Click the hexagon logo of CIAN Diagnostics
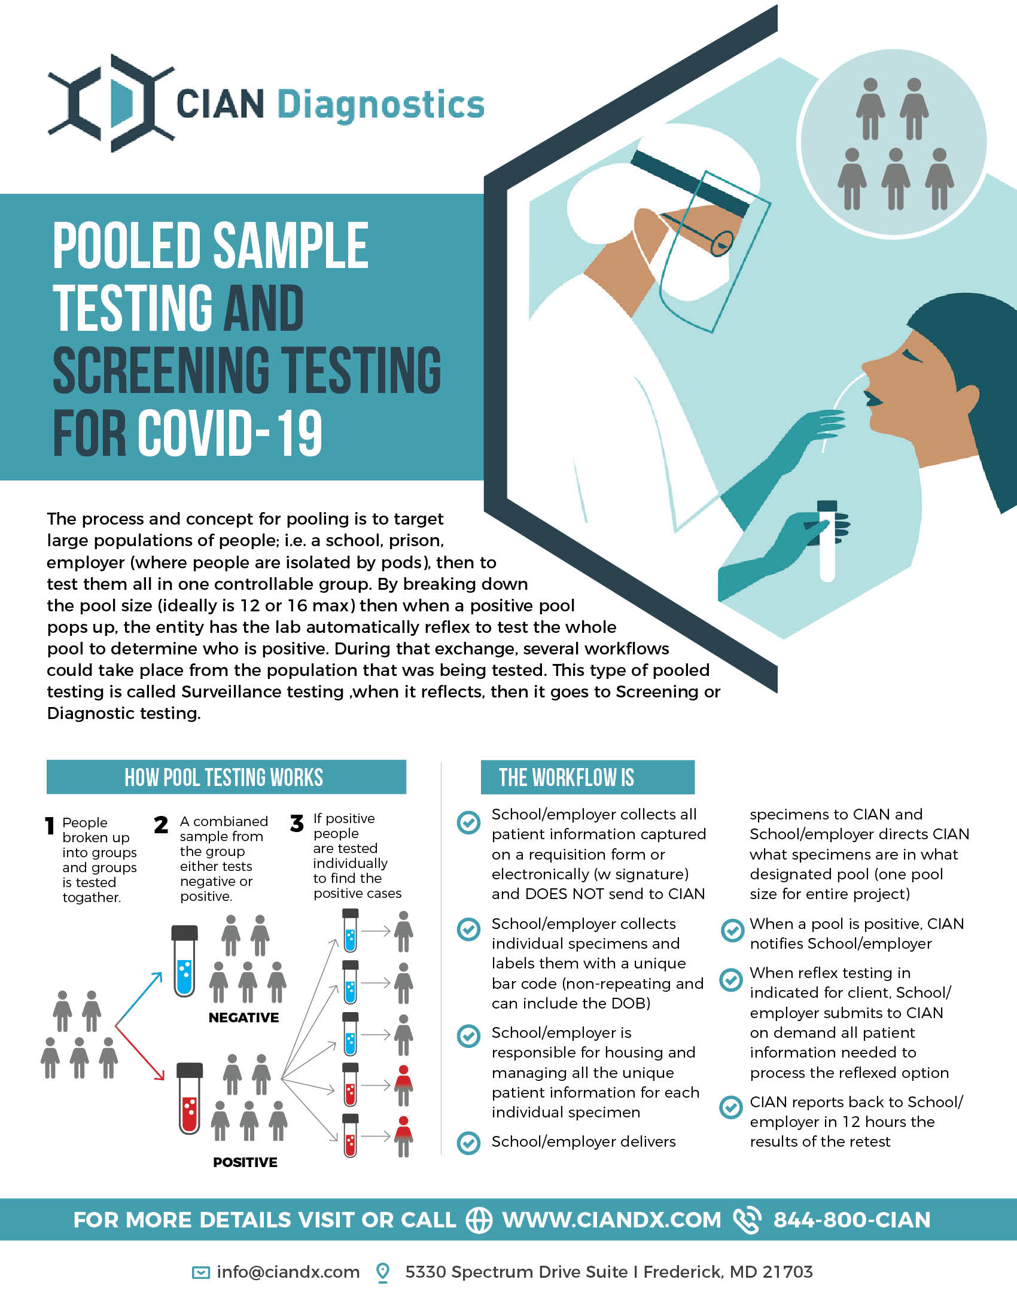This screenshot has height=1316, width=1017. (111, 103)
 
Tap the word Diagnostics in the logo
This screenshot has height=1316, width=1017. (380, 106)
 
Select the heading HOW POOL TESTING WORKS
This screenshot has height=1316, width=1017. (224, 777)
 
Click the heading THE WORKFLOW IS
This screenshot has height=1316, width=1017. (567, 777)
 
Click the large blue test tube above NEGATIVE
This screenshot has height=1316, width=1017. (184, 961)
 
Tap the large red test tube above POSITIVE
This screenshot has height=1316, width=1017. (189, 1098)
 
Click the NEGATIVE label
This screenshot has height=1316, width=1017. (243, 1018)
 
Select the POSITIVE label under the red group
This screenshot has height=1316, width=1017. (245, 1162)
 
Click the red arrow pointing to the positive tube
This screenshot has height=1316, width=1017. (139, 1052)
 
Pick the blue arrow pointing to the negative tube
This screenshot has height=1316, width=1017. (139, 998)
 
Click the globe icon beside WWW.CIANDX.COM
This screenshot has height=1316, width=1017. (480, 1220)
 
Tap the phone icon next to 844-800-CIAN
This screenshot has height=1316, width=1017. (747, 1220)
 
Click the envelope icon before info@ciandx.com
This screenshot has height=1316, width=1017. (200, 1272)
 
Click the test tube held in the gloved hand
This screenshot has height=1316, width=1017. (827, 541)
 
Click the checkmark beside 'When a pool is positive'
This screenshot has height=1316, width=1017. (732, 930)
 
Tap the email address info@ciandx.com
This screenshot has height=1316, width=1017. (288, 1272)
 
